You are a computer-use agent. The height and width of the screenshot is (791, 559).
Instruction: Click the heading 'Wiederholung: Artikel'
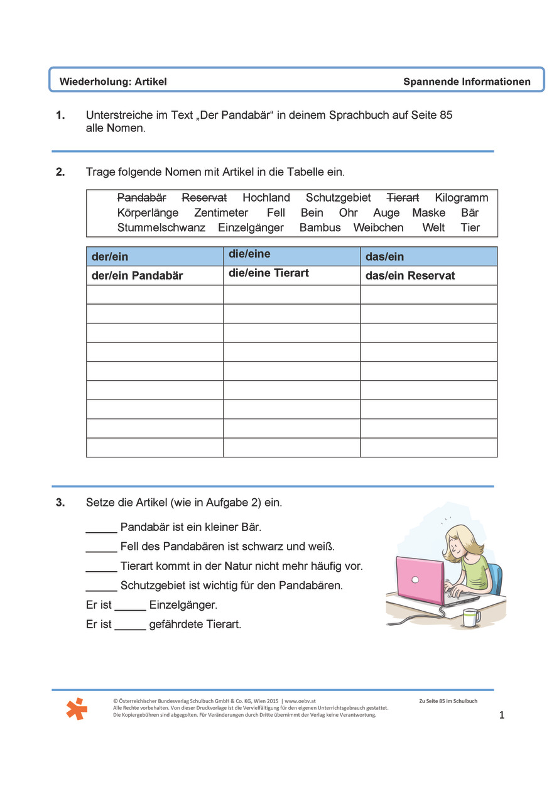113,82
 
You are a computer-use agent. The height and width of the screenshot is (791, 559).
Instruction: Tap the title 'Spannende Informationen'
467,82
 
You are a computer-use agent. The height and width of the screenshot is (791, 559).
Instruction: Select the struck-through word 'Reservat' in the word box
204,198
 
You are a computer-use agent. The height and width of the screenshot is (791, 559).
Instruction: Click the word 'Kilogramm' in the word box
461,198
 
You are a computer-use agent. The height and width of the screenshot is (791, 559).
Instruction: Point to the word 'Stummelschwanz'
161,227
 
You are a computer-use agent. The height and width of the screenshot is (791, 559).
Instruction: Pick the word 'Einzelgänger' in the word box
251,227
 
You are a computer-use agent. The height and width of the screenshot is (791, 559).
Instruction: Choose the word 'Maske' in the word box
428,213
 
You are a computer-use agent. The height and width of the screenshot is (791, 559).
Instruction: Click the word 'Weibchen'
378,227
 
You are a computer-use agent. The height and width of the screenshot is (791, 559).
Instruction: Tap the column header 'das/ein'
384,256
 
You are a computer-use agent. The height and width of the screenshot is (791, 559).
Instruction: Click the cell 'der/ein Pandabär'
138,276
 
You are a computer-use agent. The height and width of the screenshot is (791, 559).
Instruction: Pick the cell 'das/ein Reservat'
410,276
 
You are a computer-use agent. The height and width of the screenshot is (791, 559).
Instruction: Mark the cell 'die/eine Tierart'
269,273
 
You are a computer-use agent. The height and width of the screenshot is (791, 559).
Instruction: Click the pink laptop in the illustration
420,579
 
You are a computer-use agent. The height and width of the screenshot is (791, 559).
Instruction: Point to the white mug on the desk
471,617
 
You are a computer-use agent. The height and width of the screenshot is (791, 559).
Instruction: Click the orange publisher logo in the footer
77,708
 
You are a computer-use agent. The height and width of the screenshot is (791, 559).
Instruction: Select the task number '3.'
60,503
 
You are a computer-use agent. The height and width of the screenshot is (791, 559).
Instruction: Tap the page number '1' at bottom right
501,715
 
